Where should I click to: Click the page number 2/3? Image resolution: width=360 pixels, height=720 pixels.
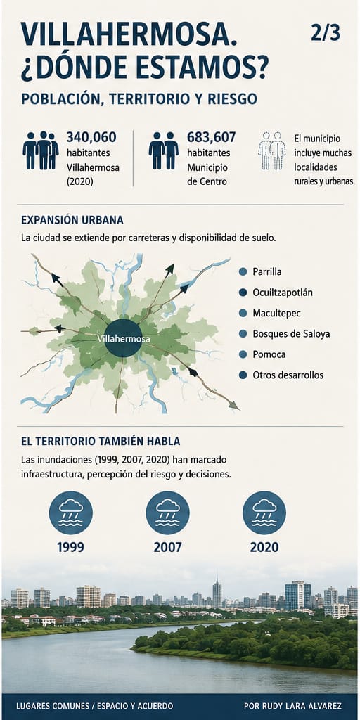tap(326, 33)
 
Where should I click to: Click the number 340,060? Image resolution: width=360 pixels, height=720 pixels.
tap(91, 137)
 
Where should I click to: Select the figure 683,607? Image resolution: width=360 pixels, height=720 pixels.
tap(211, 137)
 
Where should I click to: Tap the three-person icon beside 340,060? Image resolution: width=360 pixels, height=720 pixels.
tap(40, 150)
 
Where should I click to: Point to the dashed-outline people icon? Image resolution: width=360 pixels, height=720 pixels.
tap(272, 150)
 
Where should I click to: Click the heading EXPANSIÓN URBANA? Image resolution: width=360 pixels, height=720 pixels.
tap(72, 220)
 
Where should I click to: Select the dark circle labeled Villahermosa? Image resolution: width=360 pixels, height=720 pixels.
tap(123, 338)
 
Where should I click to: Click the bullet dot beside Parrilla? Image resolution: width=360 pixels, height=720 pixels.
tap(243, 272)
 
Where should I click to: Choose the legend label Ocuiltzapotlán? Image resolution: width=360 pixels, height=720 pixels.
tap(283, 292)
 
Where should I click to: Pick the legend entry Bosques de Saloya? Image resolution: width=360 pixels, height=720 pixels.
tap(291, 334)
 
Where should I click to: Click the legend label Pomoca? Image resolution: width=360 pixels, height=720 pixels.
tap(269, 354)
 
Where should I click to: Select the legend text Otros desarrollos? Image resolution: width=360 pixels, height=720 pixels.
tap(288, 375)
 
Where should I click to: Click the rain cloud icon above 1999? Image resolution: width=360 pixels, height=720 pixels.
tap(71, 513)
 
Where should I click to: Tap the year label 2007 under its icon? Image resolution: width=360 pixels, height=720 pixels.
tap(167, 547)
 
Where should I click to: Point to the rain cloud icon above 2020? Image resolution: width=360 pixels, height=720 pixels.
tap(264, 513)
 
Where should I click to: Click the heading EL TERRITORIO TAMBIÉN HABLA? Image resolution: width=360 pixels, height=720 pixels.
tap(101, 442)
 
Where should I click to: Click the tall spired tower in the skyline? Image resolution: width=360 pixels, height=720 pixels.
tap(217, 593)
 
